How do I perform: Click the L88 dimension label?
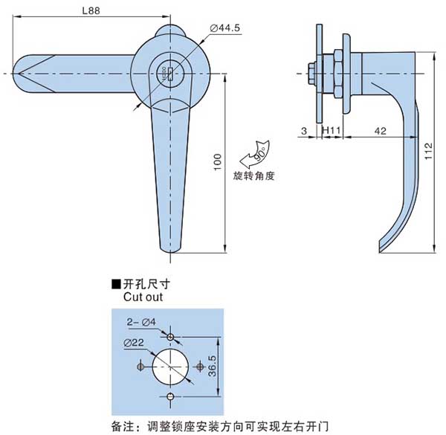(88, 11)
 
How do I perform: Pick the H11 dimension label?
(331, 131)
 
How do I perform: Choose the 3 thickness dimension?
(304, 131)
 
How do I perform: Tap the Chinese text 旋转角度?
(254, 176)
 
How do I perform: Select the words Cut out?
(143, 296)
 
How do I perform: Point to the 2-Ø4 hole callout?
(140, 322)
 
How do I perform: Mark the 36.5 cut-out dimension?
(212, 367)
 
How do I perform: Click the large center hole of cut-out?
(171, 367)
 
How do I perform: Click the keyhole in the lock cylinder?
(169, 72)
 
